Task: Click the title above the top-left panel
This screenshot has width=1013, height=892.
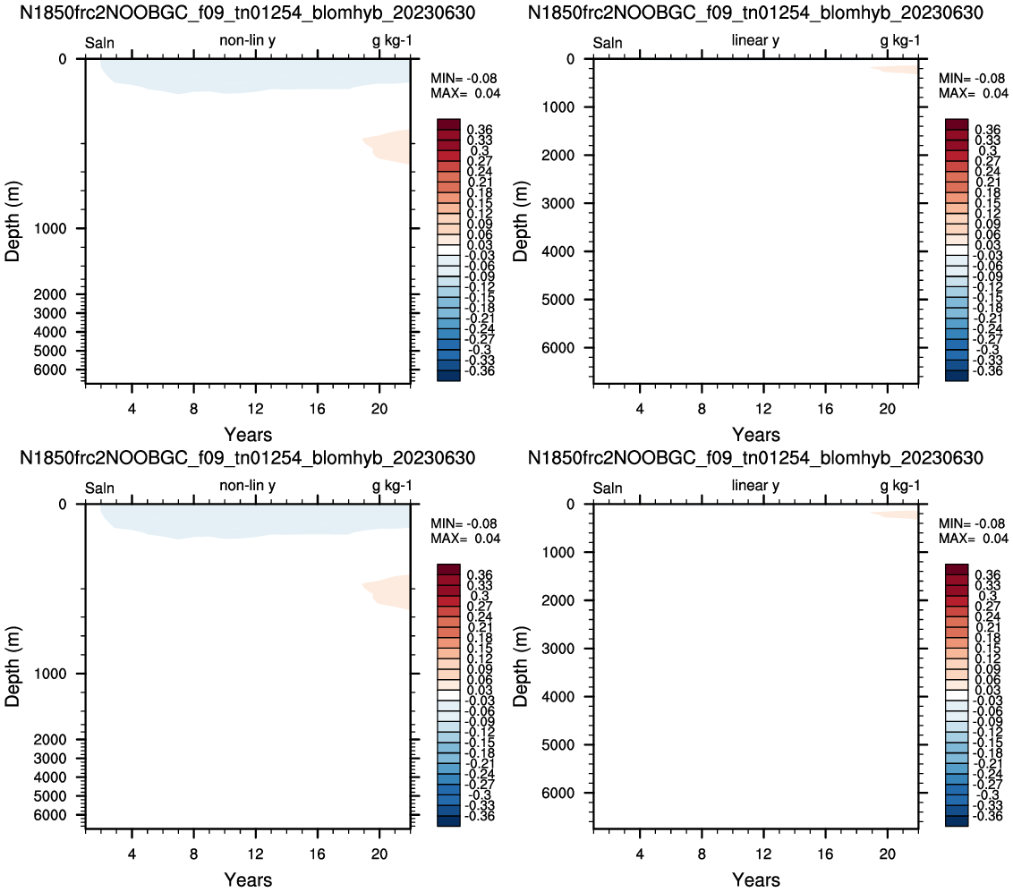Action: coord(248,13)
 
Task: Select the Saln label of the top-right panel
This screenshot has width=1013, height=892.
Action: coord(608,43)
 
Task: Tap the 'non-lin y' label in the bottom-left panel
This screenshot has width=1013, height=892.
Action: coord(248,485)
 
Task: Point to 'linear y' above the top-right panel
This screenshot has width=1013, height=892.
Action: coord(755,40)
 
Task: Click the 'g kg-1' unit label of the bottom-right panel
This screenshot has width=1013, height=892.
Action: coord(900,485)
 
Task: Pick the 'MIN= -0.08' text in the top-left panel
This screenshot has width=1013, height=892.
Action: coord(464,78)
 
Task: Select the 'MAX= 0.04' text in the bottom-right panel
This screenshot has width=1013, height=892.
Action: coord(973,538)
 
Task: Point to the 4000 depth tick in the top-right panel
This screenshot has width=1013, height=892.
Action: coord(558,251)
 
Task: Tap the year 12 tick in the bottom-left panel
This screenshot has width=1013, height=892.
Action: coord(255,854)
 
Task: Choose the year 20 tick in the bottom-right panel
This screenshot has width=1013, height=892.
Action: coord(887,854)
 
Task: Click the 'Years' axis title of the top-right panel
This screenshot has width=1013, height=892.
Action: coord(756,434)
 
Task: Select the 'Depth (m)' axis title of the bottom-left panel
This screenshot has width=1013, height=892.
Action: coord(13,666)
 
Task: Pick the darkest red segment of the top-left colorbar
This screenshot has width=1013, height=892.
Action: coord(448,124)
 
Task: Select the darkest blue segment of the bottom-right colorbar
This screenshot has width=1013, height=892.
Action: coord(957,821)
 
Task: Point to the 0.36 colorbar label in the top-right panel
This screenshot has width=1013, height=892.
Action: coord(988,130)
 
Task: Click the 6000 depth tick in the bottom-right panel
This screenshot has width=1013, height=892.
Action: coord(558,793)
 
